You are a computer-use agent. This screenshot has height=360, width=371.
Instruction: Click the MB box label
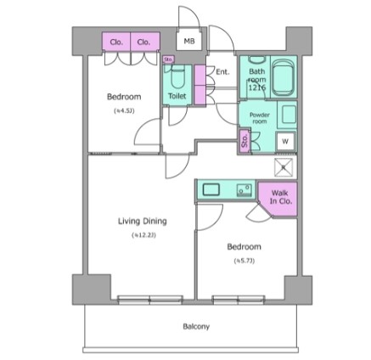click(x=188, y=41)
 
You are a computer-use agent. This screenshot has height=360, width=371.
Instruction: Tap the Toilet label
click(x=177, y=97)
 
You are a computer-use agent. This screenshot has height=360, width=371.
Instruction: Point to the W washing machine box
click(x=285, y=141)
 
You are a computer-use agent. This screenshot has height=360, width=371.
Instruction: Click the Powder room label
click(x=259, y=116)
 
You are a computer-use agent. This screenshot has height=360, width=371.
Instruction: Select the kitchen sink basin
click(x=211, y=190)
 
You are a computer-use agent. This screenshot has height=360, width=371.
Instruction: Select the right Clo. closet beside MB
click(x=144, y=41)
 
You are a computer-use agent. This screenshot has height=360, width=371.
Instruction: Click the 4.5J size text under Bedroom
click(x=122, y=109)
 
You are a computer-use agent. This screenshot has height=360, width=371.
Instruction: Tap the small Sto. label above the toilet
click(x=168, y=59)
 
